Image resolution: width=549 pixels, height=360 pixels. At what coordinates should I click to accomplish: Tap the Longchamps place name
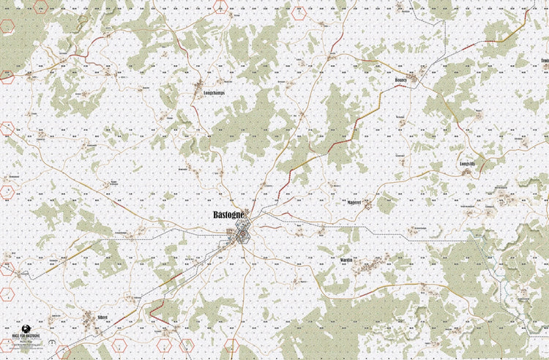tap(208, 93)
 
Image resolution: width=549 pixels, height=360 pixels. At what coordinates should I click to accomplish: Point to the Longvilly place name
tap(467, 164)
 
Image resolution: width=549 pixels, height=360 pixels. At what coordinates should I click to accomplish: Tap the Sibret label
tap(102, 317)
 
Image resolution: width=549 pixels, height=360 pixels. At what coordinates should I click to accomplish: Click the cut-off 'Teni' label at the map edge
tap(544, 60)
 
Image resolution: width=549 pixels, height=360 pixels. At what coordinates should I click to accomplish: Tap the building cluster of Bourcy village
tap(414, 76)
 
